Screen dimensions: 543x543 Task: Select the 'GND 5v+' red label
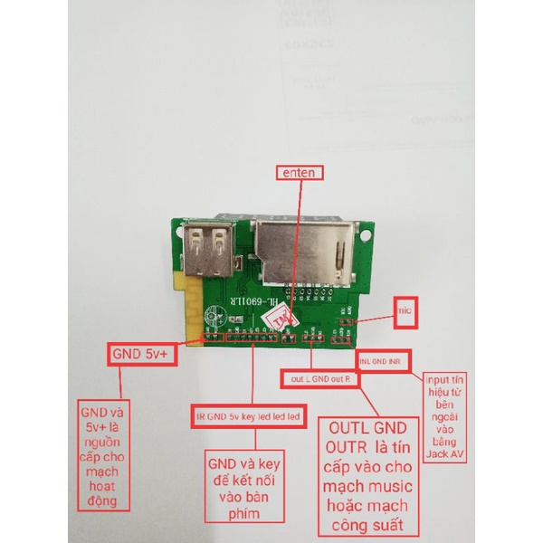[143, 356]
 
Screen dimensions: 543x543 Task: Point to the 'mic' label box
[405, 310]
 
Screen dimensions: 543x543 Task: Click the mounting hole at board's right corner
[366, 233]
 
